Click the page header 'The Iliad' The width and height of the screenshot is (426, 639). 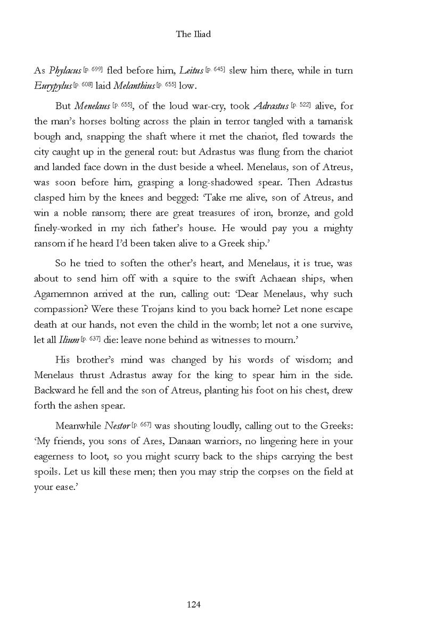click(x=193, y=35)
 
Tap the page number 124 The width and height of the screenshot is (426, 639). click(x=193, y=604)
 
